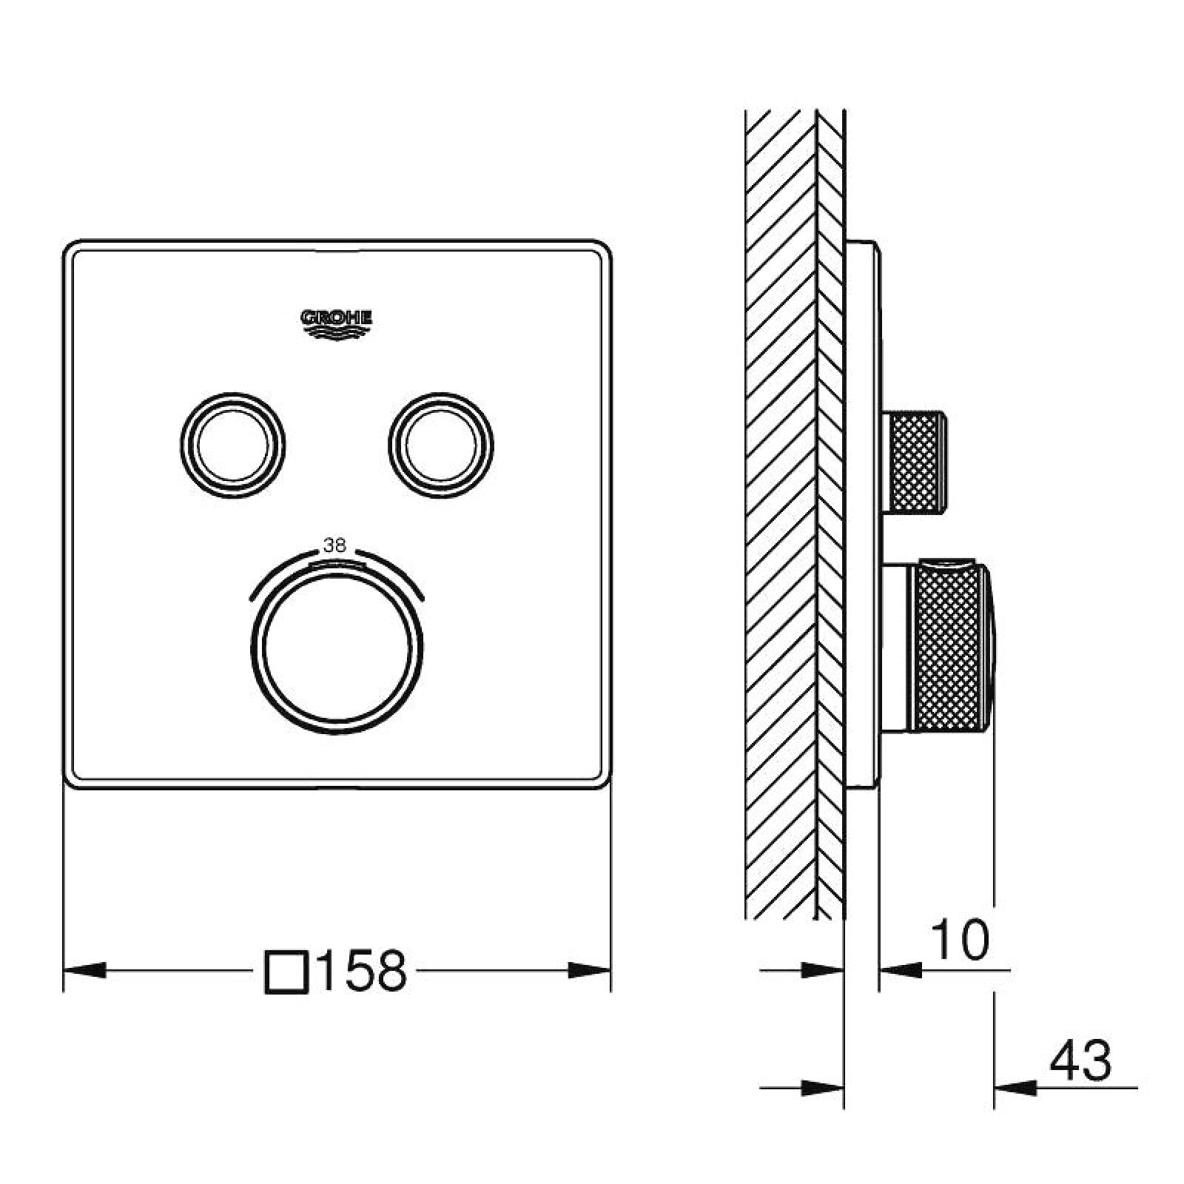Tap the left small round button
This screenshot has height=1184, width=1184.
[232, 445]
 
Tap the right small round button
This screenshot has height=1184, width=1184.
[441, 445]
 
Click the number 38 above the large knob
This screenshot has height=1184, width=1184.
[334, 546]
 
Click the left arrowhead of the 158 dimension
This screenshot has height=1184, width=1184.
[85, 970]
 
